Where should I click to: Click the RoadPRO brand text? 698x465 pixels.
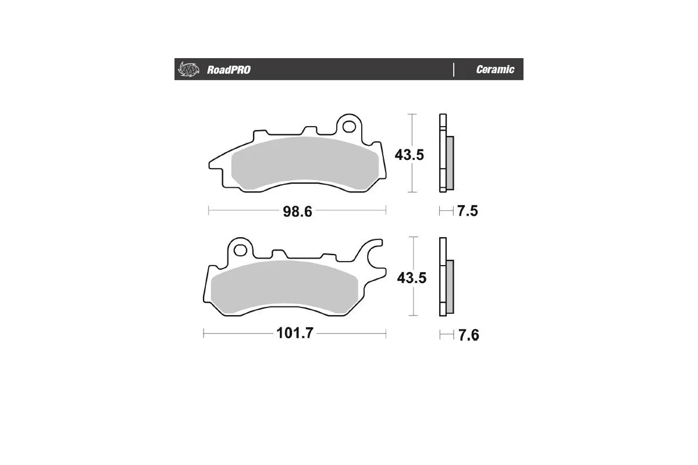pos(229,70)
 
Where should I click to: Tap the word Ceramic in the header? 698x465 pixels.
pos(495,70)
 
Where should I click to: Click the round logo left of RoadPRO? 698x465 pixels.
pos(188,69)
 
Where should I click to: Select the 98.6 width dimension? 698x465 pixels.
pos(297,211)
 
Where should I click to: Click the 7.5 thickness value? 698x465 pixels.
pos(467,211)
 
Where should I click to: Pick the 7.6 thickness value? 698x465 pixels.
pos(468,335)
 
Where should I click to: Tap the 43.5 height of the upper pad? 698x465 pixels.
pos(409,155)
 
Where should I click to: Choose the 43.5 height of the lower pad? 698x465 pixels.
pos(411,278)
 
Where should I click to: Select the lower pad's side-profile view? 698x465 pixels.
pos(446,278)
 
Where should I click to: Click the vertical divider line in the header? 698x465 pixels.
pos(453,69)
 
